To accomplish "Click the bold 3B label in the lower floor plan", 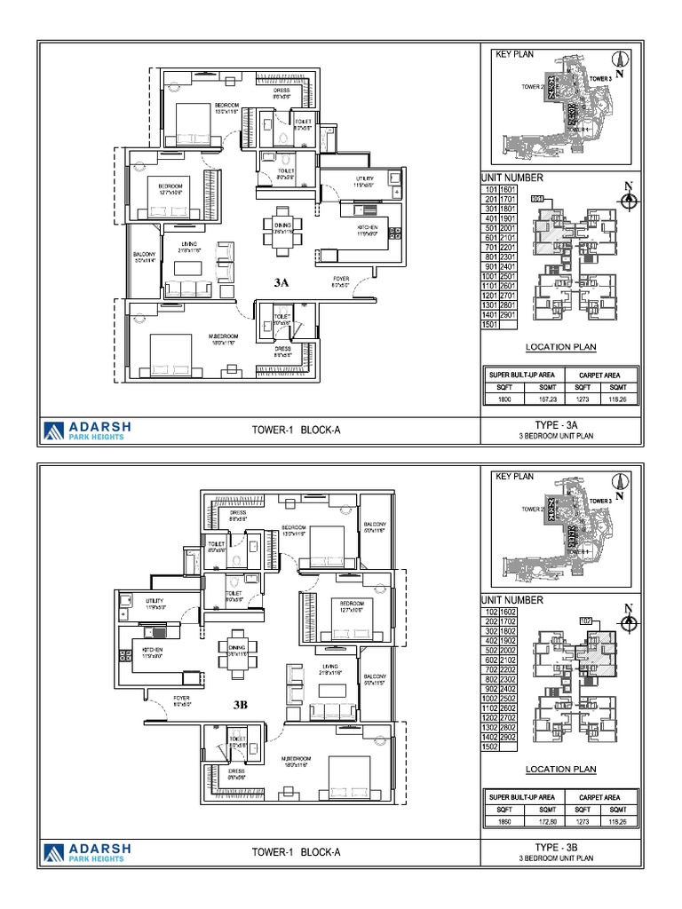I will (x=241, y=705).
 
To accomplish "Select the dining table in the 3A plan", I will (x=282, y=230).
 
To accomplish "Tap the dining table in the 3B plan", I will (x=236, y=653).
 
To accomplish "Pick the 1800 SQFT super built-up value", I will (x=503, y=399).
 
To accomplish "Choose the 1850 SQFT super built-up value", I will (x=503, y=823).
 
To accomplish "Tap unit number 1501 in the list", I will (x=489, y=325).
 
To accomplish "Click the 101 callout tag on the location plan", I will (x=537, y=199).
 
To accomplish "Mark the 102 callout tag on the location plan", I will (x=586, y=620).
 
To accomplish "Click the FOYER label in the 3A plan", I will (x=340, y=281).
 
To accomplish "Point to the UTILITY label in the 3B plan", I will (x=156, y=602).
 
